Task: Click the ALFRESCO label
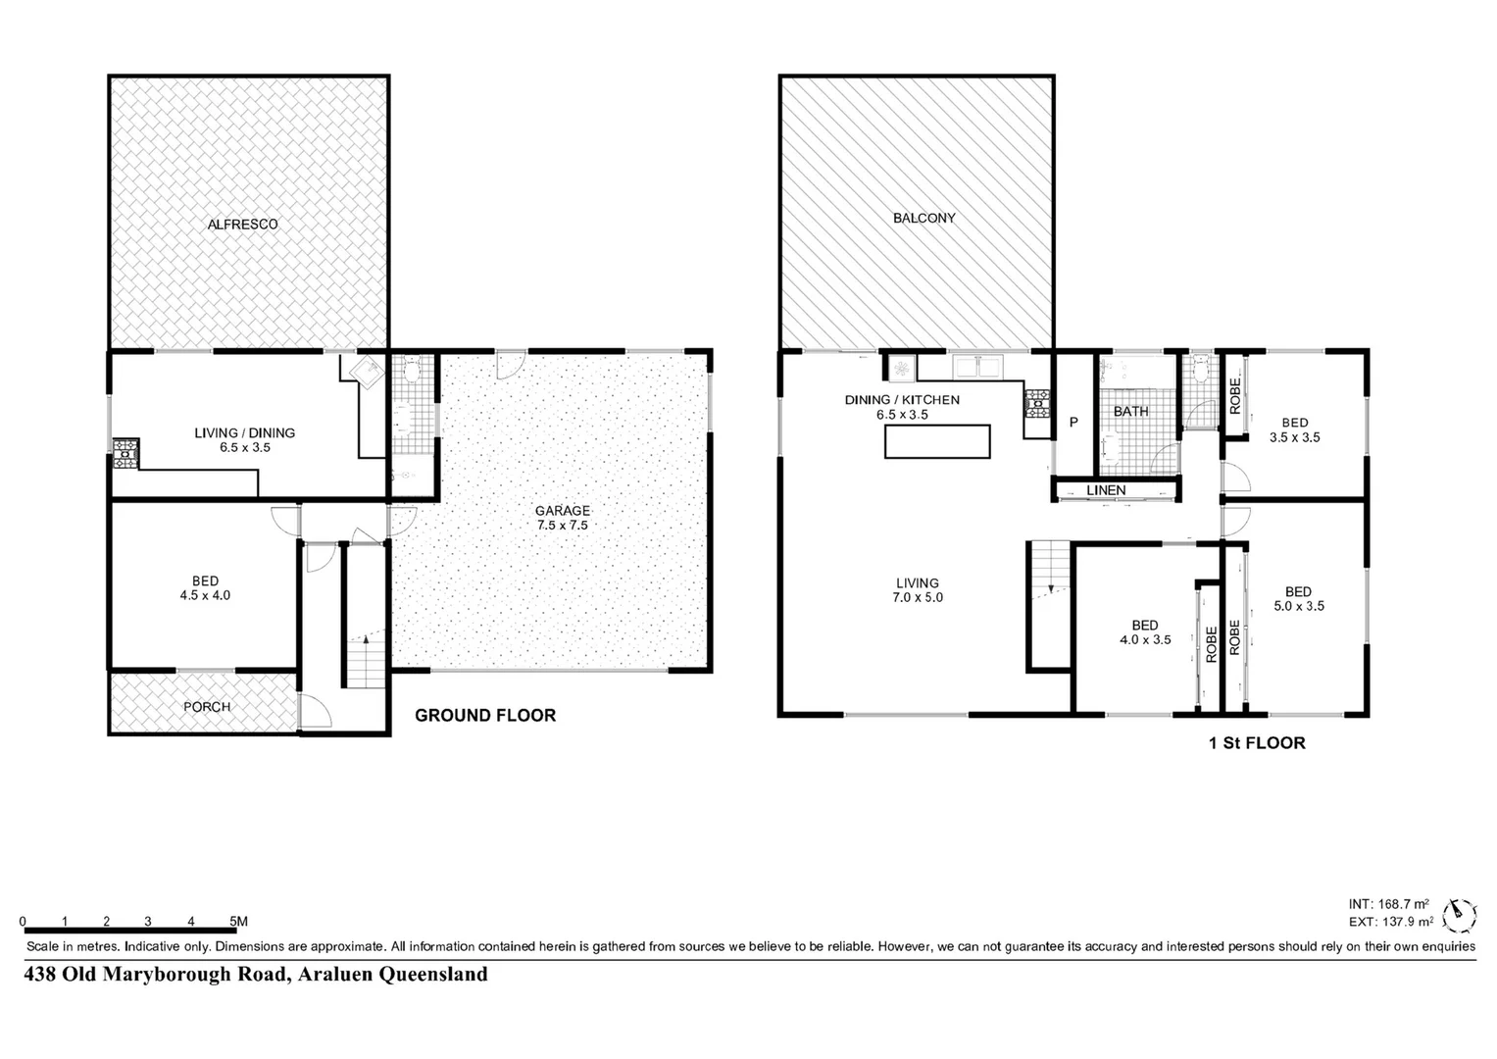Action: click(242, 225)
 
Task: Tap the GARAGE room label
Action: click(562, 510)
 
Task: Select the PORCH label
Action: click(207, 707)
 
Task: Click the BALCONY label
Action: click(923, 219)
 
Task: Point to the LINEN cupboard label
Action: click(1106, 490)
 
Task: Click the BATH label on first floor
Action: click(1130, 411)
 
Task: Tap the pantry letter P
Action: click(1073, 423)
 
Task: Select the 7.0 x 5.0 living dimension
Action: click(917, 597)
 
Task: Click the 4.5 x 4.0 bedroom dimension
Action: click(205, 595)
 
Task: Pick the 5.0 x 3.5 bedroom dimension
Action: click(1298, 606)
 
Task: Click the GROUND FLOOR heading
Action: click(485, 716)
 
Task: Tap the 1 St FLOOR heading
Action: click(1257, 743)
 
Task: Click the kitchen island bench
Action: click(937, 441)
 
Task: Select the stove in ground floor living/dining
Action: click(125, 453)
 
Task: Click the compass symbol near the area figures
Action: click(1462, 913)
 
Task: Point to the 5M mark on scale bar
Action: click(237, 922)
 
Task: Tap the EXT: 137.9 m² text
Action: click(1390, 922)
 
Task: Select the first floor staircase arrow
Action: click(1050, 587)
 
